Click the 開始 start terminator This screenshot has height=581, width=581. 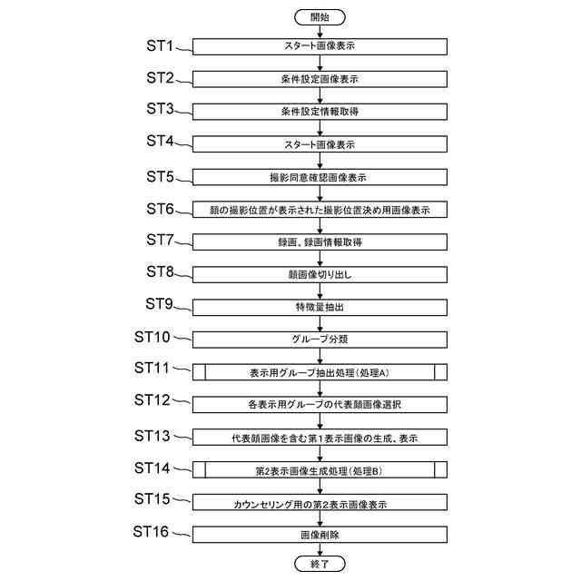click(320, 17)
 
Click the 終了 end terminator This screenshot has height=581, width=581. click(320, 564)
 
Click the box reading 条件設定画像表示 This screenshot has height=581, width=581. click(320, 80)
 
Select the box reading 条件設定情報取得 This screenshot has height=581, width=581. click(320, 113)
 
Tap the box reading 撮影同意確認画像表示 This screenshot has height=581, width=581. click(320, 177)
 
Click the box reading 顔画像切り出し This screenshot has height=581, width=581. click(320, 274)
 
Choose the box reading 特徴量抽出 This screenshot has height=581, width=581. click(320, 307)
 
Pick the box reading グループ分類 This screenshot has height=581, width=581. click(320, 340)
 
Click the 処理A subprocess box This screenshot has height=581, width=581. click(320, 372)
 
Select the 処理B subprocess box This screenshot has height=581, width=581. click(320, 469)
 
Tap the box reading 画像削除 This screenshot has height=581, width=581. click(320, 534)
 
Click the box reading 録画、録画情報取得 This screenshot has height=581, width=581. click(320, 242)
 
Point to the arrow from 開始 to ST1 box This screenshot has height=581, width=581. click(320, 32)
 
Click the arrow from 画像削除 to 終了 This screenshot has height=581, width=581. click(320, 549)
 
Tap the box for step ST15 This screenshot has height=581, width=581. click(320, 502)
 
